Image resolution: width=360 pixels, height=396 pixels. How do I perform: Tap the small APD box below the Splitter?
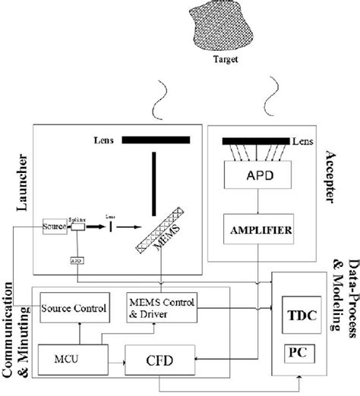tap(76, 259)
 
